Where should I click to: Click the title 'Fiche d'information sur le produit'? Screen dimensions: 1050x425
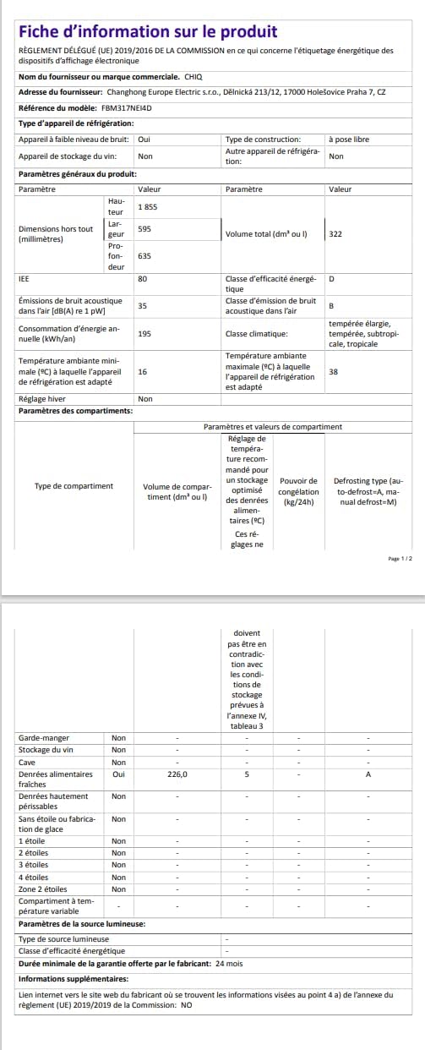[x=148, y=32]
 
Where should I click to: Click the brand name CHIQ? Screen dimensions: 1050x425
[x=194, y=76]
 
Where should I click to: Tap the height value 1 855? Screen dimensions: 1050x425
[x=147, y=207]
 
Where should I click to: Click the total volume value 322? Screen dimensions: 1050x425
[x=335, y=233]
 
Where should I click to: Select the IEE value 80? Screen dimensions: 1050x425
[x=143, y=278]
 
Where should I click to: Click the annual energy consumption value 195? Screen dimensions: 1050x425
[x=144, y=333]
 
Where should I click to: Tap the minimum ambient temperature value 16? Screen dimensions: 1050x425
[x=142, y=371]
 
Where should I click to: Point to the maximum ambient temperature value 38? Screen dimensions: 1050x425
[x=334, y=371]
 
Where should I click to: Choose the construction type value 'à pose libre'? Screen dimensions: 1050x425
[x=348, y=139]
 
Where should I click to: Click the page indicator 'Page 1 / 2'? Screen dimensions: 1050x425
[x=400, y=559]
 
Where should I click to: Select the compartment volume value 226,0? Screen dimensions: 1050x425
[x=177, y=773]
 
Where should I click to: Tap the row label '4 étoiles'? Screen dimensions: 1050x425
[x=33, y=877]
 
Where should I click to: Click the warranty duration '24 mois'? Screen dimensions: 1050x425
[x=229, y=963]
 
